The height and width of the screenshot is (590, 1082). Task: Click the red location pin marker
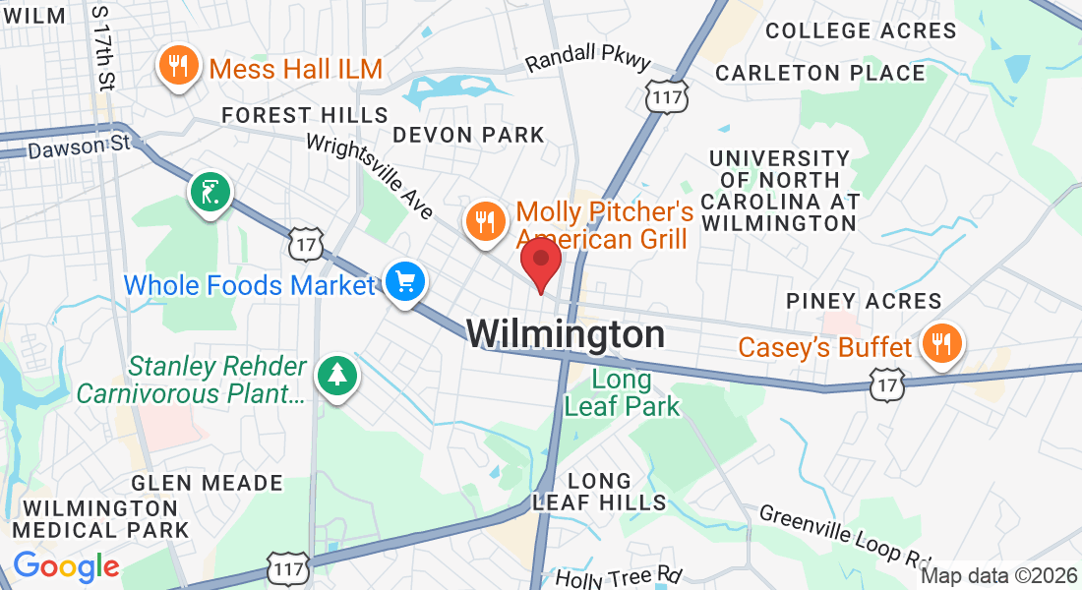pyautogui.click(x=540, y=262)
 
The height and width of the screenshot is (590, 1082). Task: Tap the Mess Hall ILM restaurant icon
pyautogui.click(x=177, y=67)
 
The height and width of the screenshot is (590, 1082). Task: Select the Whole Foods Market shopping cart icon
pyautogui.click(x=404, y=283)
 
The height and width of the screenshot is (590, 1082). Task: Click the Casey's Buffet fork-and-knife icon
pyautogui.click(x=942, y=343)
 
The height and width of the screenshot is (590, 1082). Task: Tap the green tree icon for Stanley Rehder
pyautogui.click(x=337, y=374)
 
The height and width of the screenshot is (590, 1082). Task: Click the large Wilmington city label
pyautogui.click(x=566, y=334)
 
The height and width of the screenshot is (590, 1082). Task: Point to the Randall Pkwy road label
pyautogui.click(x=587, y=62)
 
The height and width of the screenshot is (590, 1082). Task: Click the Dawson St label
pyautogui.click(x=79, y=148)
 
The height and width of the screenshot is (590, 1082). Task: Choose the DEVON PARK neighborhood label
pyautogui.click(x=468, y=134)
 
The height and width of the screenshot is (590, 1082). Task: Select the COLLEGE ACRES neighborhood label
pyautogui.click(x=861, y=30)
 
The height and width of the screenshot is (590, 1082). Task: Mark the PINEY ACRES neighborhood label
pyautogui.click(x=864, y=301)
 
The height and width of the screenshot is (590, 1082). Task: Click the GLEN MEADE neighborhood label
pyautogui.click(x=207, y=483)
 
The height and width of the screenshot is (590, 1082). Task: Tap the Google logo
pyautogui.click(x=66, y=566)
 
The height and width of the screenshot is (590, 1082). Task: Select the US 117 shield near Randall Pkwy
pyautogui.click(x=667, y=94)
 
